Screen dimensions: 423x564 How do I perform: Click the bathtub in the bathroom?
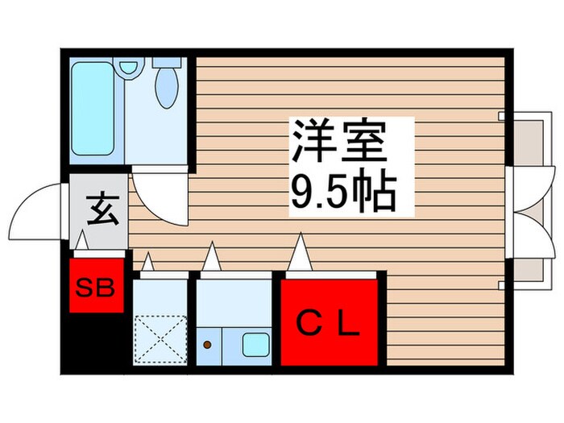click(96, 111)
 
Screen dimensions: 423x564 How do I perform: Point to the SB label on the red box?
click(96, 286)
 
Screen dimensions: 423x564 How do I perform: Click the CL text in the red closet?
click(329, 325)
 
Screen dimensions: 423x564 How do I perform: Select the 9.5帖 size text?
click(340, 192)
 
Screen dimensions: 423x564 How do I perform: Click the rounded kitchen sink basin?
click(256, 345)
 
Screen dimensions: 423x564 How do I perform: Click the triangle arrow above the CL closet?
click(300, 253)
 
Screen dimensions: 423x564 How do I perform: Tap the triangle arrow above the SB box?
click(81, 241)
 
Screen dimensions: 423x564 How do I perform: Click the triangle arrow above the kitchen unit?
click(211, 259)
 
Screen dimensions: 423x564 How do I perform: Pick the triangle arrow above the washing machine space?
click(148, 263)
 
